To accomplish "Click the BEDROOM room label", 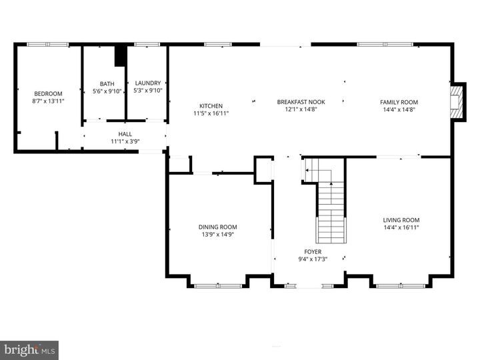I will (48, 93).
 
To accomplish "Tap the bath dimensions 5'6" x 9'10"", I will (107, 91).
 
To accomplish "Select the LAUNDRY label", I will (147, 83).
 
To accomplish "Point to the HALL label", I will (125, 133).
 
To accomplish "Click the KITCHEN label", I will (211, 106).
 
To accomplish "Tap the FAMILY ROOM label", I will (399, 102).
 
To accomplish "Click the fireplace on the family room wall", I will (457, 102).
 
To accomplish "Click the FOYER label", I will (313, 252).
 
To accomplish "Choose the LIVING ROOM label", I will (401, 220).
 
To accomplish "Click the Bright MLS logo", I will (29, 349).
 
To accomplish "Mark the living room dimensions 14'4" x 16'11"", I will (401, 227).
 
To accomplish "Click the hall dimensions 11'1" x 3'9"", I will (125, 141).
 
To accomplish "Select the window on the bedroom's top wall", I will (47, 45).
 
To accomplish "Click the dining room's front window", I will (218, 285).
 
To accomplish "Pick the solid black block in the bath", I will (120, 55).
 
